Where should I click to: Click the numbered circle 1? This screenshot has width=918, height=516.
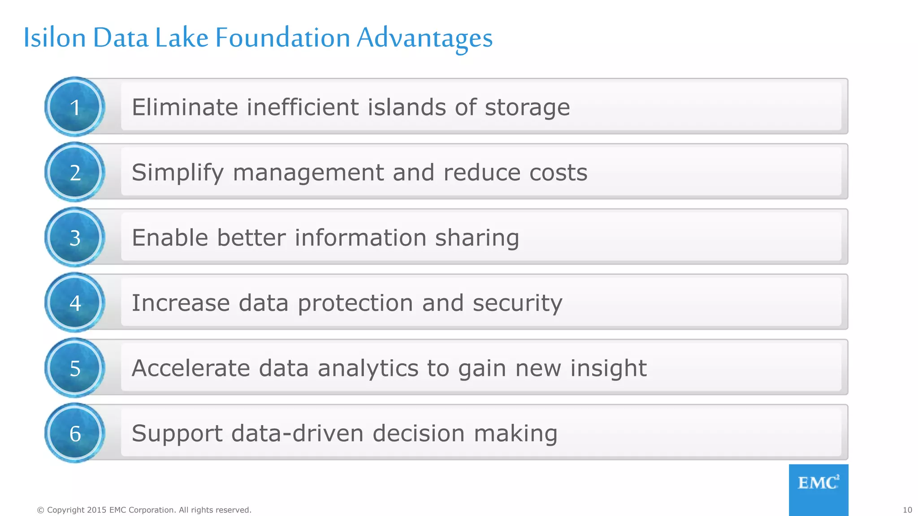point(75,107)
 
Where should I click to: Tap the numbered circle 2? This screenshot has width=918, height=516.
point(75,172)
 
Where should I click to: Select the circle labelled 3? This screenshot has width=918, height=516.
point(75,237)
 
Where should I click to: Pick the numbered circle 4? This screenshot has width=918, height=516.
point(75,303)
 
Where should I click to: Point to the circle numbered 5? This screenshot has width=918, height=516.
point(75,368)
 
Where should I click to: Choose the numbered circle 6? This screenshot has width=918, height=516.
point(75,433)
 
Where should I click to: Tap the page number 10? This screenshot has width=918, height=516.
point(907,510)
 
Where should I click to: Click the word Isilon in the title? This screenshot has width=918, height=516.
point(54,38)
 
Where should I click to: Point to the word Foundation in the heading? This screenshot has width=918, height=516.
point(283,38)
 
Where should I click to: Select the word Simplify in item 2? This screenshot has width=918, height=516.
point(178,173)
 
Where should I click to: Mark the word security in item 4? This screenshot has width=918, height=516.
point(517,304)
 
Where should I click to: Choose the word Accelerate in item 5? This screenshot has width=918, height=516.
point(191,368)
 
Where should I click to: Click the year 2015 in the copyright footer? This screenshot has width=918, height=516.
point(97,510)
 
